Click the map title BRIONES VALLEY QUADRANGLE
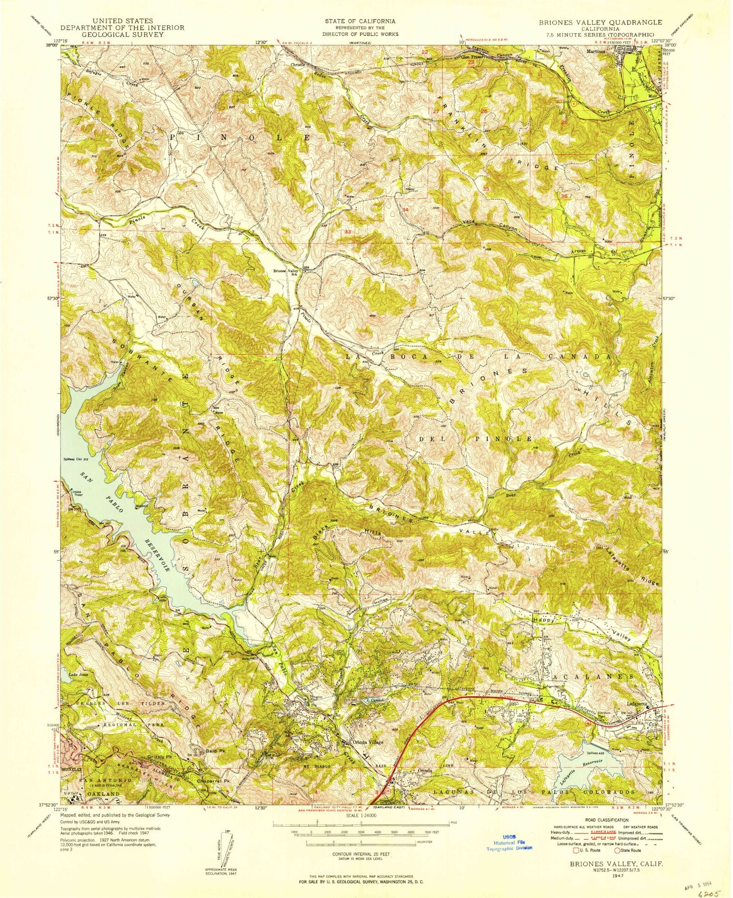(594, 22)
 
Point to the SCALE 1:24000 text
(362, 816)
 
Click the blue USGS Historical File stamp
(509, 842)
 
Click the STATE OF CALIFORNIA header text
(360, 22)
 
